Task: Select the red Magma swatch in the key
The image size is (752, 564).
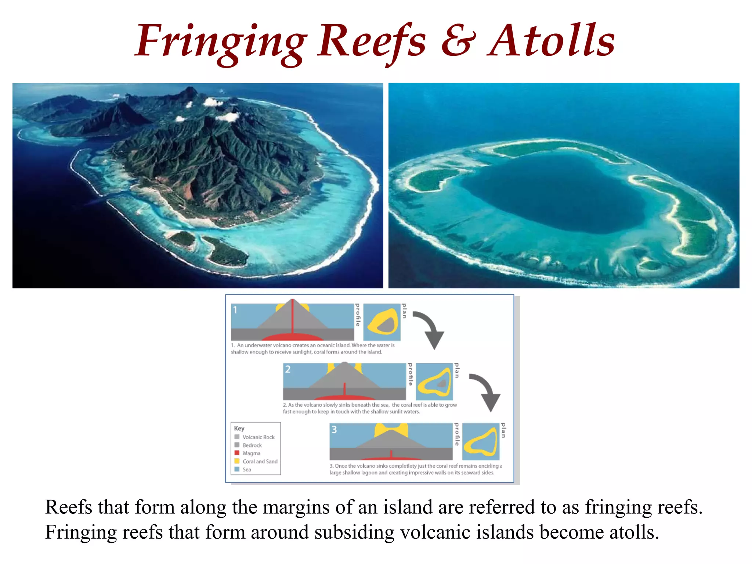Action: (237, 453)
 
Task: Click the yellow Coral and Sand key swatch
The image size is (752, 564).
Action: (237, 461)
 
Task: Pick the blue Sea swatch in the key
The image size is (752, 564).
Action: (237, 469)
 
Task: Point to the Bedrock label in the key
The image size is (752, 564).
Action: (252, 445)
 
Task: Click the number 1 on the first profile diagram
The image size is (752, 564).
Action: (235, 310)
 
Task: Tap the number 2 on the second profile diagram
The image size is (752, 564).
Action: (288, 369)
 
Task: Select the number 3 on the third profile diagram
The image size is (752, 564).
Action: (334, 430)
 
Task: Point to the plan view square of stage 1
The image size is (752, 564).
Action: (382, 322)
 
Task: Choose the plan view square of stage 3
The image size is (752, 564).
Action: (481, 441)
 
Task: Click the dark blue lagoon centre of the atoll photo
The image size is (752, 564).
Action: (551, 191)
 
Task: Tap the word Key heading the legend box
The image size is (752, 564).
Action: (239, 429)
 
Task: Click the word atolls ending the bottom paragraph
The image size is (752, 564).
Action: (633, 532)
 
